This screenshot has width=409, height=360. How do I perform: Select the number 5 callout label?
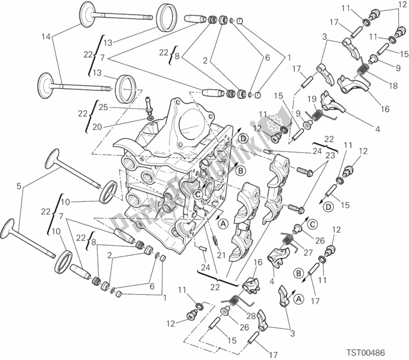click(19, 186)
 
